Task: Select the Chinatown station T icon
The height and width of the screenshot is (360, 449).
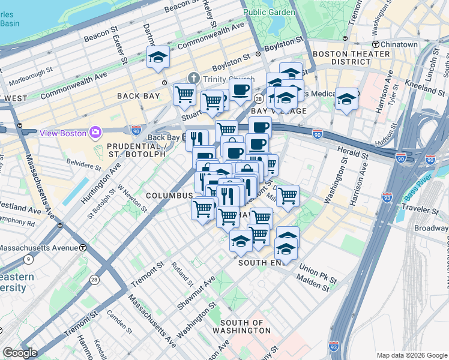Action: (376, 44)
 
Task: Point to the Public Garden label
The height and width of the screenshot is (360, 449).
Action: (268, 12)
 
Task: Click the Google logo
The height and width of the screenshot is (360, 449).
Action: (19, 352)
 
